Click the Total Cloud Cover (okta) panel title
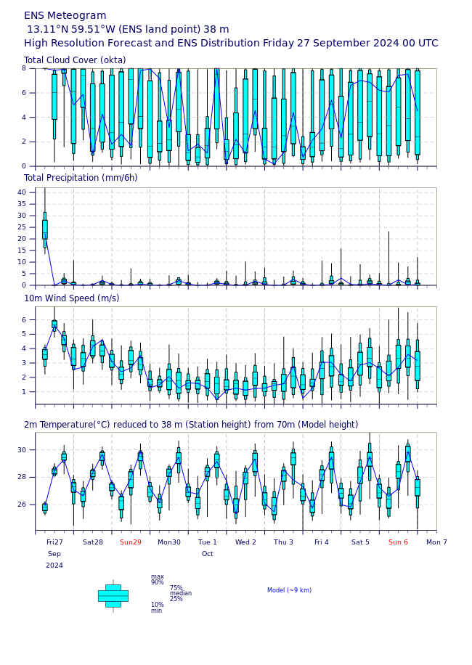coord(75,60)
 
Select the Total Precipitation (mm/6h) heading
coord(81,178)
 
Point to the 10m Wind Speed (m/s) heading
coord(72,298)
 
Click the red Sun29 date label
coord(131,542)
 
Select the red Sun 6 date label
coord(398,542)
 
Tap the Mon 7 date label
coord(436,542)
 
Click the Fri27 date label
coord(54,542)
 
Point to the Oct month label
coord(208,554)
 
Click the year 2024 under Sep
coord(54,566)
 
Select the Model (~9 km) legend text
coord(289,590)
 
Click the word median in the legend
coord(180,593)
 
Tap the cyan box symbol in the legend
coord(113,595)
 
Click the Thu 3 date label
coord(283,542)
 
